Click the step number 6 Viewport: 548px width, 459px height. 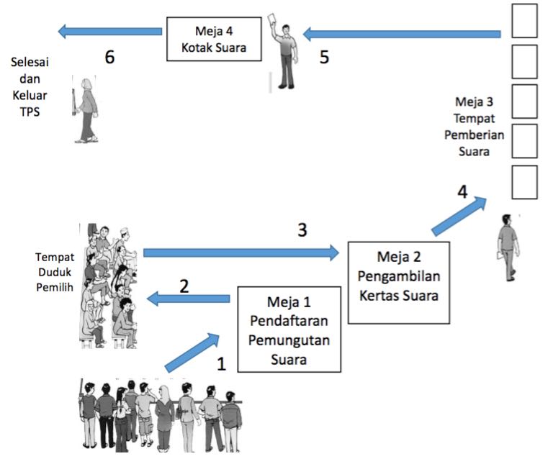[x=109, y=57]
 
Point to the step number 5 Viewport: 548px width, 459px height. [x=324, y=58]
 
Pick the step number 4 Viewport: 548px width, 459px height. [x=462, y=192]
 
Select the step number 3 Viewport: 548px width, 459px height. [x=302, y=230]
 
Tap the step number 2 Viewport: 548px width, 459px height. [x=184, y=286]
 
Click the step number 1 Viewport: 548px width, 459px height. [x=222, y=364]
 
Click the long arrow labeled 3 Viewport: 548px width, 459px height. [x=241, y=253]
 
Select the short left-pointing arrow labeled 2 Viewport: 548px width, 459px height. [x=189, y=299]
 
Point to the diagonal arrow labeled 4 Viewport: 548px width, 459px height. [x=459, y=216]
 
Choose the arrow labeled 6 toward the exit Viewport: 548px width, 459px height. [x=109, y=32]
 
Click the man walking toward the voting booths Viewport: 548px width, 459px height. [x=508, y=247]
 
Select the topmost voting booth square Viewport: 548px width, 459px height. [x=524, y=21]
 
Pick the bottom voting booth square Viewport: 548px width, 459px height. [x=524, y=182]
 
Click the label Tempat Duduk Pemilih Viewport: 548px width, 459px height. [x=55, y=272]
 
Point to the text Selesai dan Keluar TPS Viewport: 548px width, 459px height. [x=30, y=87]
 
